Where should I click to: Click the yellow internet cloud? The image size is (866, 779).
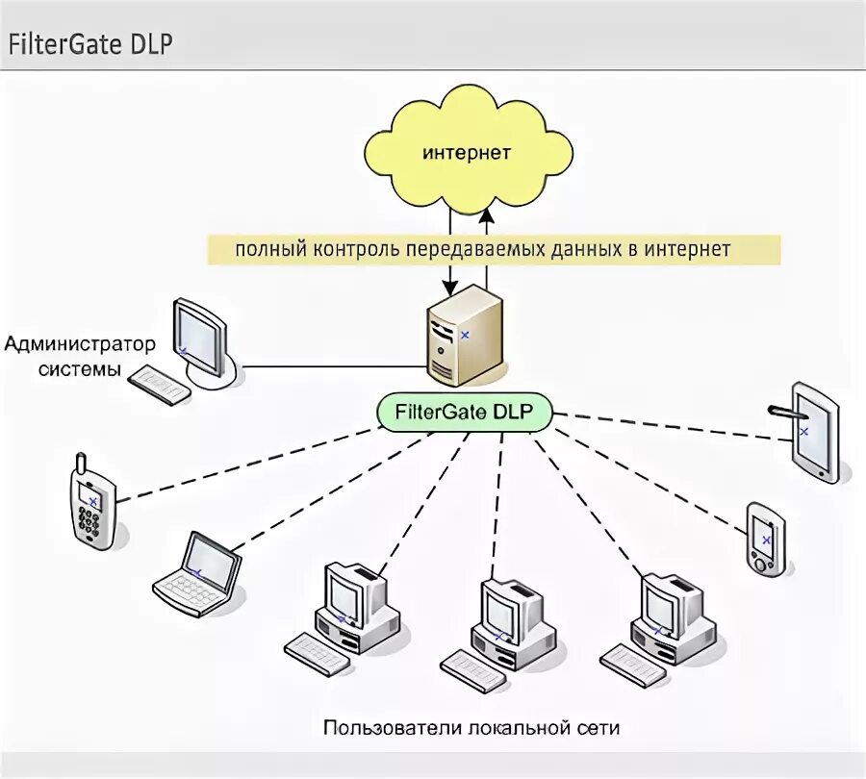(x=468, y=153)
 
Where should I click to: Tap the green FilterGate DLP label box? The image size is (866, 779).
(x=465, y=413)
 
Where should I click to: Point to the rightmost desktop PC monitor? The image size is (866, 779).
(x=665, y=600)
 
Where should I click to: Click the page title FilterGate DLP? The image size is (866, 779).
(x=91, y=44)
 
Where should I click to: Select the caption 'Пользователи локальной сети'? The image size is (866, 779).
(x=471, y=727)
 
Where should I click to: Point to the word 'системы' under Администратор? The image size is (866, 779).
(x=81, y=369)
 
